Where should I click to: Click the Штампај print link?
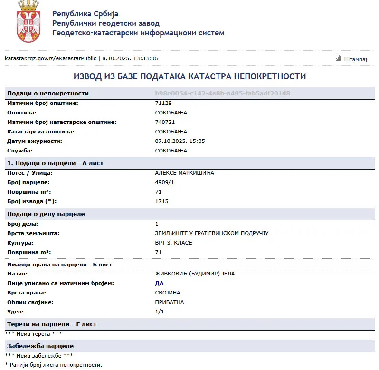tap(356, 59)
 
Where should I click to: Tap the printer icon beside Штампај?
tap(339, 58)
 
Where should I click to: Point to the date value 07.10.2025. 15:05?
tap(180, 141)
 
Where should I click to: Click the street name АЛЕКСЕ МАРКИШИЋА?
tap(184, 173)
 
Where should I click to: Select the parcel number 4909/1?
tap(164, 182)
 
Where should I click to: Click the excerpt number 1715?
tap(161, 201)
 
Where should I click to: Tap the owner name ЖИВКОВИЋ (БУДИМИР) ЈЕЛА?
tap(195, 274)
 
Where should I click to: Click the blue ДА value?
tap(159, 283)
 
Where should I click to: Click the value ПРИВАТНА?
tap(169, 302)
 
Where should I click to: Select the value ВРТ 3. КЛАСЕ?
tap(173, 243)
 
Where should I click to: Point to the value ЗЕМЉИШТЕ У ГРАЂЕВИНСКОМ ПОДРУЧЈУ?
tap(212, 233)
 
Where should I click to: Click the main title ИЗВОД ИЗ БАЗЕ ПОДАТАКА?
tap(189, 76)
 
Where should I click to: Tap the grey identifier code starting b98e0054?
tap(223, 94)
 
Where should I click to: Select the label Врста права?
tap(27, 293)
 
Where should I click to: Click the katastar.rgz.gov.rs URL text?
tap(50, 58)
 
